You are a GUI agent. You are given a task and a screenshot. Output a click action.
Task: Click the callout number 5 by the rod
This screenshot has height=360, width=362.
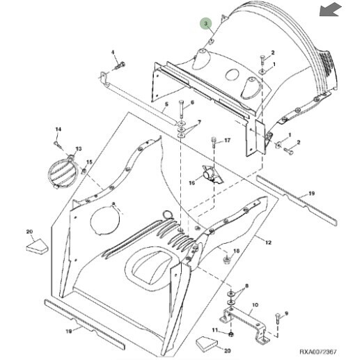166,108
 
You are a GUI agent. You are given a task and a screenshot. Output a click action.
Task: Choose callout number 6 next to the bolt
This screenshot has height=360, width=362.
192,104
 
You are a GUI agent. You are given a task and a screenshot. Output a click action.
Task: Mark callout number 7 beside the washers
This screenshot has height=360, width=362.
199,123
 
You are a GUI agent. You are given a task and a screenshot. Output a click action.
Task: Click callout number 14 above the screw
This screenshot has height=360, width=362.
58,130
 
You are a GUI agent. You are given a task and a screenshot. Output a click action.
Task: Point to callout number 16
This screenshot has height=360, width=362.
193,182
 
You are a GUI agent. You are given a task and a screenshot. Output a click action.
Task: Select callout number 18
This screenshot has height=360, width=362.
235,251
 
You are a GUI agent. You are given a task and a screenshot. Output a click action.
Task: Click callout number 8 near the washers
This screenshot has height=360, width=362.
246,286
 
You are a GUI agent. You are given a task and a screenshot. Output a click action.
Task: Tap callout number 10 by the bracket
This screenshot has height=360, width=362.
254,304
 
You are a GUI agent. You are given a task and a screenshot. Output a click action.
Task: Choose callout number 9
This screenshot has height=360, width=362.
285,313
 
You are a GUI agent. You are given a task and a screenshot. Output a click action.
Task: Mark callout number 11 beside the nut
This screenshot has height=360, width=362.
215,329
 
